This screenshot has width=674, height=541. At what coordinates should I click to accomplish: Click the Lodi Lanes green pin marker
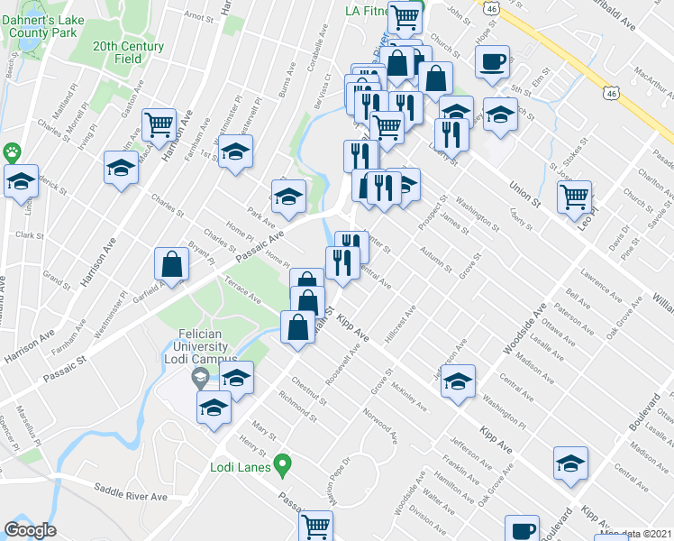click(x=282, y=466)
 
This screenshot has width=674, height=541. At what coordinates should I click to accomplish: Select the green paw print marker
click(x=13, y=152)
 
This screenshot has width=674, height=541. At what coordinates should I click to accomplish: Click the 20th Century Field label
click(x=128, y=52)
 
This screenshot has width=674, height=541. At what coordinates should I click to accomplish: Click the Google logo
click(x=30, y=530)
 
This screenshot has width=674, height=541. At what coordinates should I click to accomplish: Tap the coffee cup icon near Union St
click(x=492, y=61)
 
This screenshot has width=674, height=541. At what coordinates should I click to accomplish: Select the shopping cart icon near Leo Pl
click(x=574, y=196)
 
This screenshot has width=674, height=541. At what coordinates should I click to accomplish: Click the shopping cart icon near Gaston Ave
click(x=159, y=124)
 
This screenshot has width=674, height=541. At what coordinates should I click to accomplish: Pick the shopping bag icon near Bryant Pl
click(x=171, y=264)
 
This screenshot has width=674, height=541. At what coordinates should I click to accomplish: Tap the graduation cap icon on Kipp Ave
click(x=570, y=463)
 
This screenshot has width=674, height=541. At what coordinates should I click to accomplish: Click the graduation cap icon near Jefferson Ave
click(x=458, y=381)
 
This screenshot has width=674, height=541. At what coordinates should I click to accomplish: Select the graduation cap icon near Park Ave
click(x=287, y=197)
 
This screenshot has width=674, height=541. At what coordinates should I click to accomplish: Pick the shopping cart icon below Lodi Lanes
click(x=315, y=526)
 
